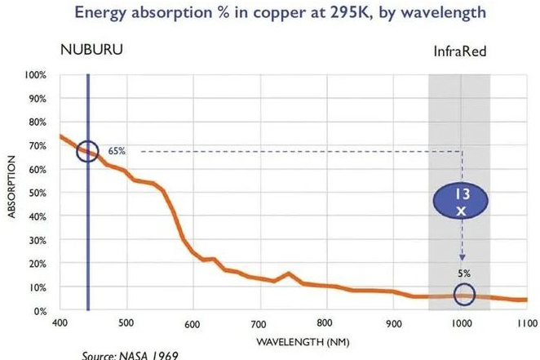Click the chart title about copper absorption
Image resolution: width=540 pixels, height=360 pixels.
270,14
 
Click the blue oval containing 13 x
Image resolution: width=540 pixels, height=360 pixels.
461,201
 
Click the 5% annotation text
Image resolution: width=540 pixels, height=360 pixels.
464,273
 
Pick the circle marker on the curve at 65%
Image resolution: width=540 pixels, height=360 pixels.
87,152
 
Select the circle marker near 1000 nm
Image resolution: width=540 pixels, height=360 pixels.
463,295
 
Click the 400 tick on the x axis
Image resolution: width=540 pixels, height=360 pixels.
60,323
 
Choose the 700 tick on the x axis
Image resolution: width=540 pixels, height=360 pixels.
259,323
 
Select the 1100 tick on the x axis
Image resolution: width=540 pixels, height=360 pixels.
527,323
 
